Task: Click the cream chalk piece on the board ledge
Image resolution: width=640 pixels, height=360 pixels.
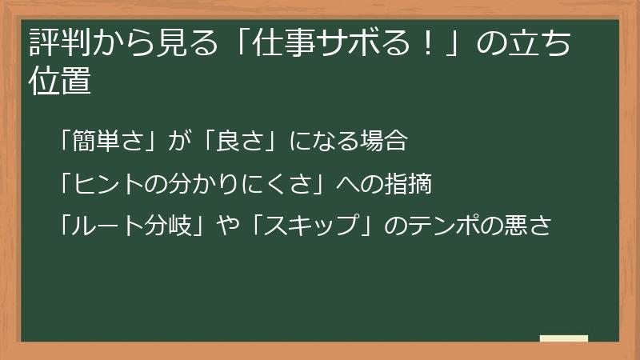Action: [564, 338]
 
